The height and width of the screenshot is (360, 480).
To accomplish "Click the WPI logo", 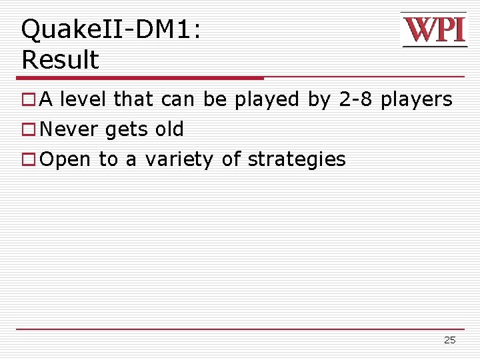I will (434, 30).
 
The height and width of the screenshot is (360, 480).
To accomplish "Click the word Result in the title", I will (60, 60).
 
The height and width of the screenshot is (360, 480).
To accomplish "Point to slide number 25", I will (449, 340).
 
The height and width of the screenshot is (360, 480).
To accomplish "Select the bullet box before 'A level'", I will (28, 100).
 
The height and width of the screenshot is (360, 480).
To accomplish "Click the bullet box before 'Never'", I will (28, 130).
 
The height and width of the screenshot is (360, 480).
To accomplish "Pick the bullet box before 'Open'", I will (28, 160).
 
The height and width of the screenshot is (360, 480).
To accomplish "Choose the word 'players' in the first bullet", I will (417, 100).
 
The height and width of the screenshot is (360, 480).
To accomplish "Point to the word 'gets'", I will (127, 130).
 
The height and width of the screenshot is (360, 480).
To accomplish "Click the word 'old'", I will (169, 129).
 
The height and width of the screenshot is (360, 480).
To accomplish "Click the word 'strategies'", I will (297, 160).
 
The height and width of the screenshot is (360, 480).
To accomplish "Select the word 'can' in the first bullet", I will (178, 100).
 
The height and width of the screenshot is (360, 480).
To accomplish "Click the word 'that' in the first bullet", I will (134, 100).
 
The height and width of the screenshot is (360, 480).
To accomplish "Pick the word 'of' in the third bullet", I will (231, 160).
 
